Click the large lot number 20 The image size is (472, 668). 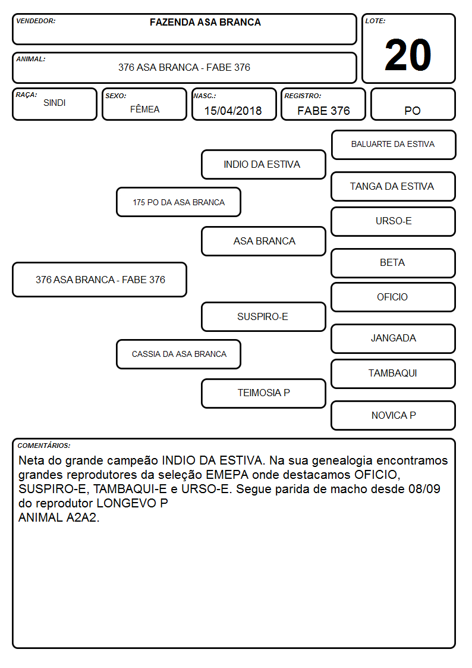coord(408,55)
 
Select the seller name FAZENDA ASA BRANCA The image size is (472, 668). coord(205,23)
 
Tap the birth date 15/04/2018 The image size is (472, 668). coord(233,111)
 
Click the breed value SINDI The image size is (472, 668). coord(55,103)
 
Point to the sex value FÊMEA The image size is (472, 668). coord(144,109)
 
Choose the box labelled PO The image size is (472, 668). coord(413,104)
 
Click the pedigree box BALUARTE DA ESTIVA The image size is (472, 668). coord(394,145)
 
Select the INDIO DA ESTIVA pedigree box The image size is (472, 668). coord(263,164)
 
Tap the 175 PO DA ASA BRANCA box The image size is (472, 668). coord(179,202)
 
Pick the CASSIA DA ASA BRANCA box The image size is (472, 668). coord(179,354)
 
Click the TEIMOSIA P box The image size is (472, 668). coord(263,393)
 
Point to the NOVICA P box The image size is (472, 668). coord(394,415)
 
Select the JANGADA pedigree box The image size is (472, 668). coord(394,338)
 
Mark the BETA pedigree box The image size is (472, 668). coord(394,264)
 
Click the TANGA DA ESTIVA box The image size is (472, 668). coord(394,187)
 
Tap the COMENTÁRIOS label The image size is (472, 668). coord(44,446)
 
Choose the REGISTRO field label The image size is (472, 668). coord(303,96)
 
